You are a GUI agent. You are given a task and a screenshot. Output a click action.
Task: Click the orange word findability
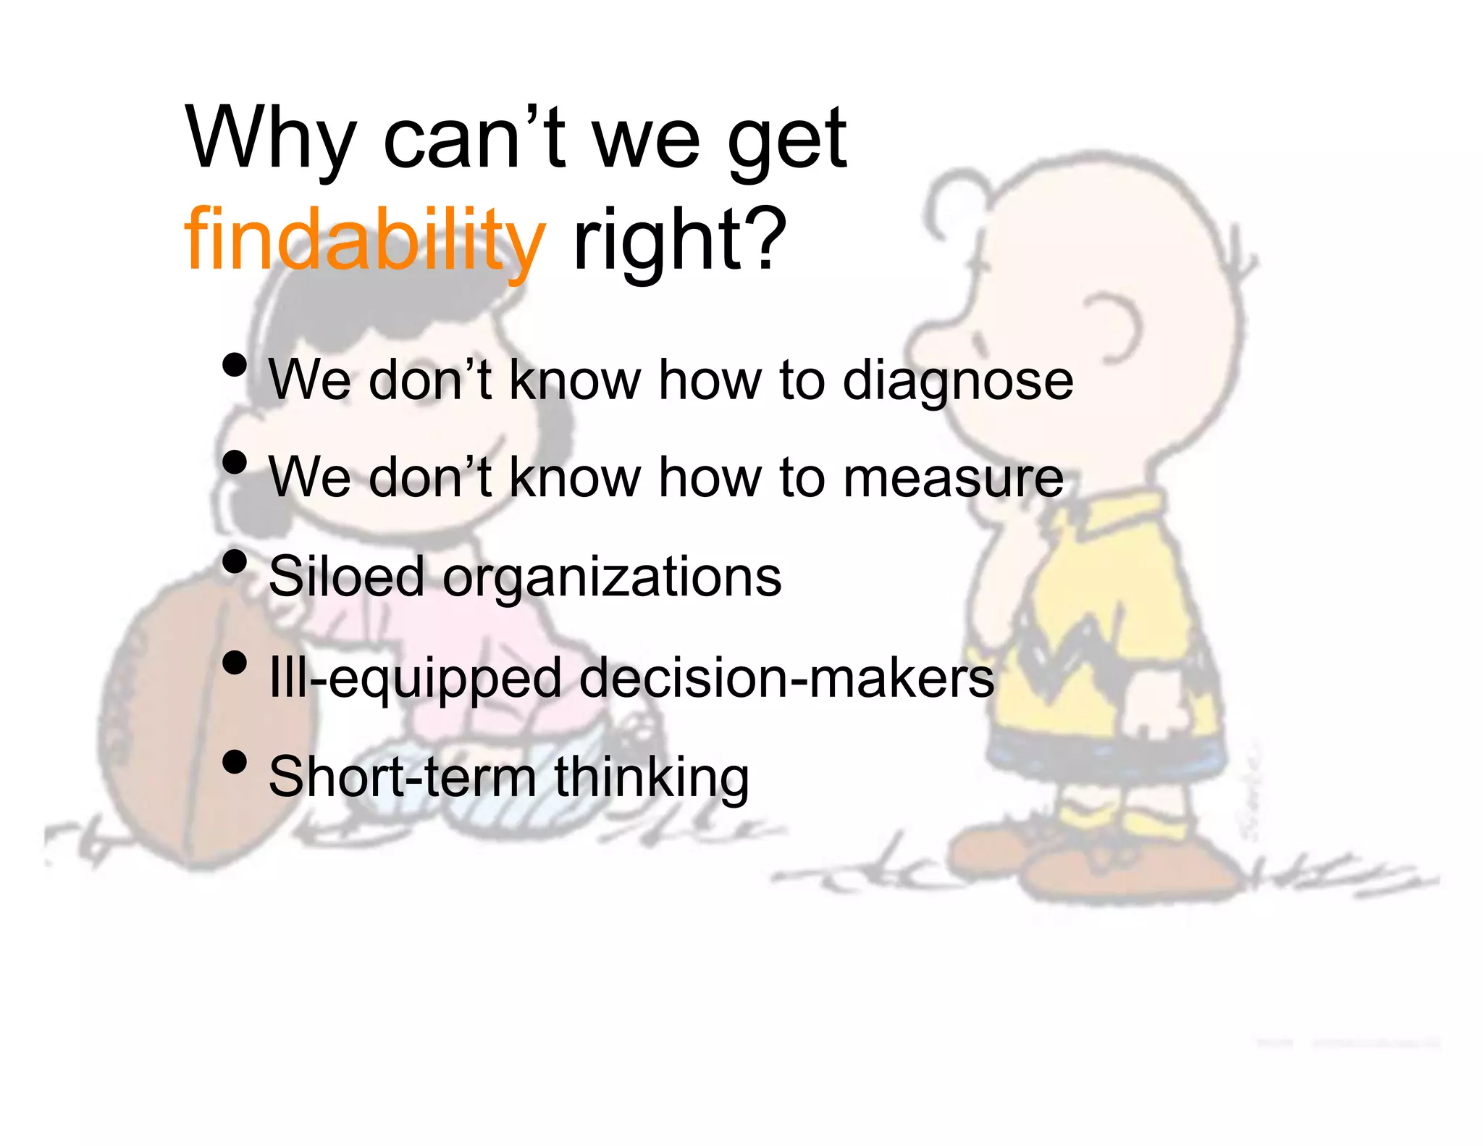[x=364, y=239]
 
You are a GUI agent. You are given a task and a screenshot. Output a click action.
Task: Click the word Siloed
[x=346, y=577]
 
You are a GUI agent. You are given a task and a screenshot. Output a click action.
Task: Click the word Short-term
[x=402, y=777]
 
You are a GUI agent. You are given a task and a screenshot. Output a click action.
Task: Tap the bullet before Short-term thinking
[x=235, y=762]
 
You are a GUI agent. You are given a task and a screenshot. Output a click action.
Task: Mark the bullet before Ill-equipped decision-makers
[x=235, y=662]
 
